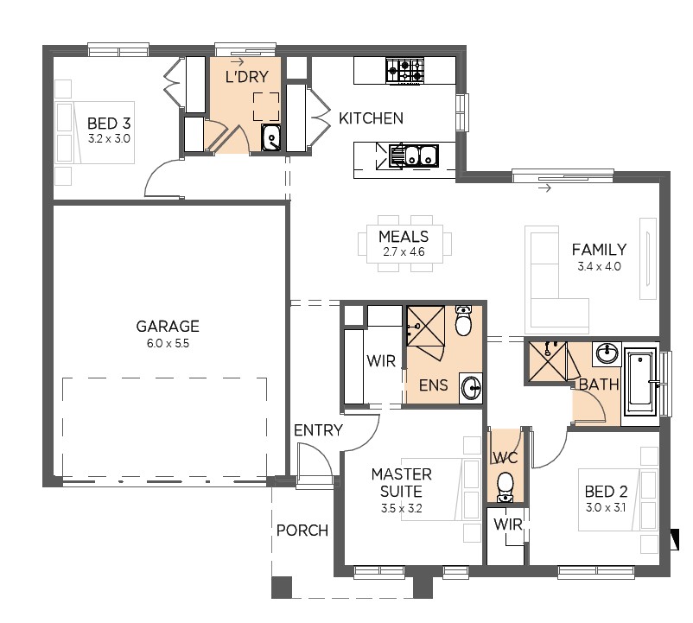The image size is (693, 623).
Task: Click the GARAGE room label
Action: click(168, 327)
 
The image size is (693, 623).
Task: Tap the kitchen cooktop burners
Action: click(405, 71)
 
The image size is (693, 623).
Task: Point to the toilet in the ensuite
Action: click(463, 321)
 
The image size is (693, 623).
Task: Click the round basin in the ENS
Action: click(471, 388)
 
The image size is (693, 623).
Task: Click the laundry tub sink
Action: click(271, 137)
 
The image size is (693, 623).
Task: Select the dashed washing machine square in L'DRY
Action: click(266, 106)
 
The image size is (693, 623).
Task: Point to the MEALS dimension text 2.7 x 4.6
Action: click(404, 251)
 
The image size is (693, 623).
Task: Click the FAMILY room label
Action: click(599, 250)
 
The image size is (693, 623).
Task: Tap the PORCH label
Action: click(302, 531)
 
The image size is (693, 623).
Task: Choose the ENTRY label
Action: click(318, 430)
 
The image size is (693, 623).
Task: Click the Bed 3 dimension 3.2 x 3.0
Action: click(109, 139)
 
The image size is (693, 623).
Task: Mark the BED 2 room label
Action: click(606, 492)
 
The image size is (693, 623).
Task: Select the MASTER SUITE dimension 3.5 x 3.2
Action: click(401, 508)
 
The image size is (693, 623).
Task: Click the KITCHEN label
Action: click(371, 118)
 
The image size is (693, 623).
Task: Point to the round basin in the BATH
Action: click(607, 353)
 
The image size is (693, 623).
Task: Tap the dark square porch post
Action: click(282, 588)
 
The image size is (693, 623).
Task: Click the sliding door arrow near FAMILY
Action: click(545, 188)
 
